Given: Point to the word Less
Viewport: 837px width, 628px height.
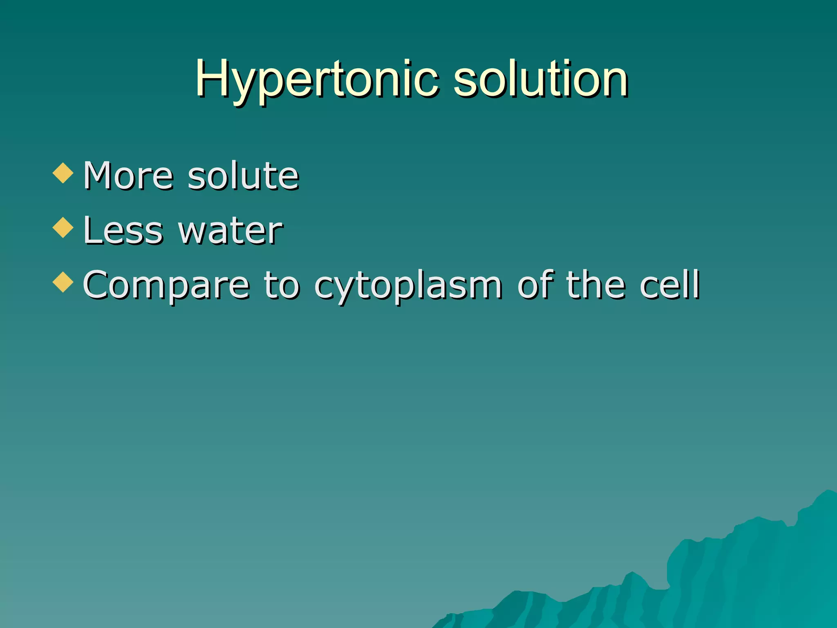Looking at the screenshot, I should pyautogui.click(x=123, y=231).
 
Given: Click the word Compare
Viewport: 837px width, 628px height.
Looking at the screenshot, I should pyautogui.click(x=166, y=285).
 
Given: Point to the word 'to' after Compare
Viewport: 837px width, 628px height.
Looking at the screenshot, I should pyautogui.click(x=282, y=285).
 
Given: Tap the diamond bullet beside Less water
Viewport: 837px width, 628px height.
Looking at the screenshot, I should pyautogui.click(x=63, y=227).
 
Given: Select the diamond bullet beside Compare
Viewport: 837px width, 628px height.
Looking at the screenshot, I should pyautogui.click(x=63, y=282).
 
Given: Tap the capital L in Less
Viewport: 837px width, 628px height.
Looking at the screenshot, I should pyautogui.click(x=92, y=231).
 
